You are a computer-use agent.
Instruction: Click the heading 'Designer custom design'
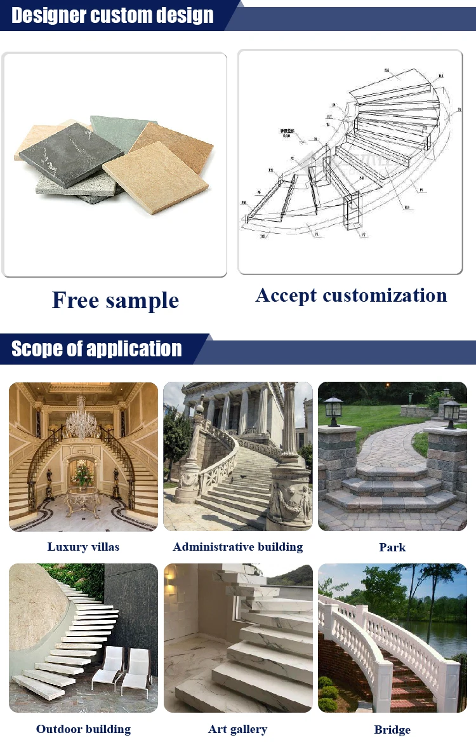(x=112, y=15)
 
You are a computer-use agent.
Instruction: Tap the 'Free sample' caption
(x=116, y=300)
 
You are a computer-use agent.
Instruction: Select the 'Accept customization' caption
(x=351, y=295)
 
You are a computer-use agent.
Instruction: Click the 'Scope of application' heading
(x=96, y=349)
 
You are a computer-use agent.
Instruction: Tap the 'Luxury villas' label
(x=83, y=547)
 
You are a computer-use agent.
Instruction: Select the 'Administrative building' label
(x=238, y=547)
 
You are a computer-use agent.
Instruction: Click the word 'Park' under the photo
(x=392, y=548)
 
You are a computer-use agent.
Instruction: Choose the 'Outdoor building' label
(x=83, y=729)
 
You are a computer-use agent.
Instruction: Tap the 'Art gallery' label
(x=238, y=729)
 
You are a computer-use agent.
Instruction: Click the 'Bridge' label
(x=392, y=730)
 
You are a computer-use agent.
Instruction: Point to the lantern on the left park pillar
(x=333, y=410)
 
